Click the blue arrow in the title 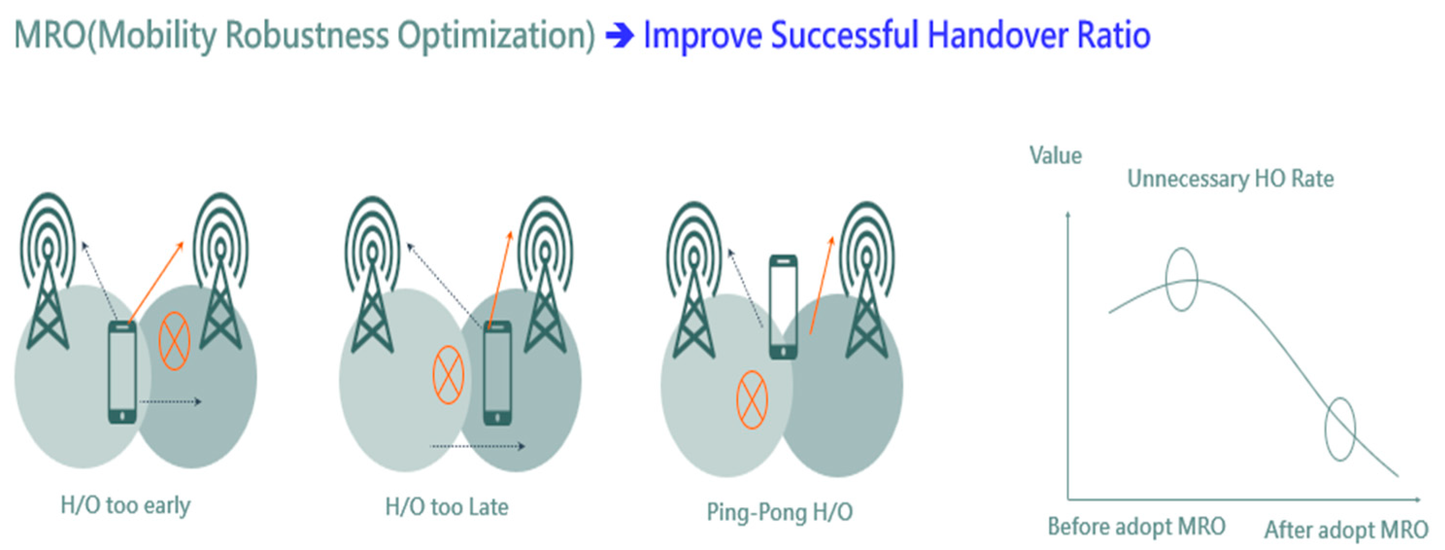[620, 36]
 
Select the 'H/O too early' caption [126, 505]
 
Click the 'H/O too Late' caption [447, 507]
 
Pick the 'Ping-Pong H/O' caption [780, 512]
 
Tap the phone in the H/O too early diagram [122, 372]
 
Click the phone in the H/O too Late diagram [498, 373]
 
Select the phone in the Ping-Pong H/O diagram [784, 307]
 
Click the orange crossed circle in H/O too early [174, 341]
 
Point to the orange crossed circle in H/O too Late [448, 375]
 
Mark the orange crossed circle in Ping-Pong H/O [752, 399]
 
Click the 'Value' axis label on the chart [1056, 155]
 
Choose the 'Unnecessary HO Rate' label [1231, 178]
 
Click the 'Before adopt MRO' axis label [1137, 526]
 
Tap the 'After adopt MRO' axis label [1346, 530]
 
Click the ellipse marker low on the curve [1326, 430]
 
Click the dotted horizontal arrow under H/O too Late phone [477, 446]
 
